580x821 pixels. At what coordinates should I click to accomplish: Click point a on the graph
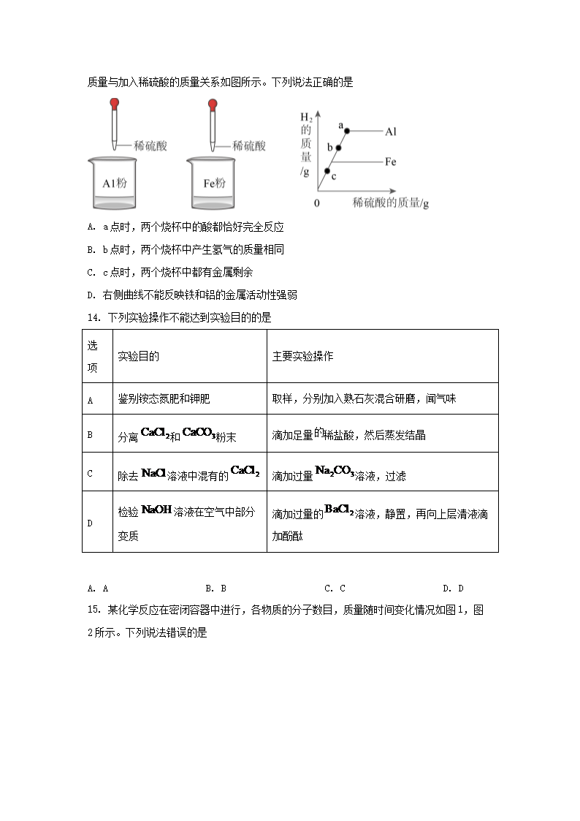(347, 131)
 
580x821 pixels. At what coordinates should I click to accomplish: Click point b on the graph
(337, 148)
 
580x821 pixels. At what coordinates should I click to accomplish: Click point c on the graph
(327, 171)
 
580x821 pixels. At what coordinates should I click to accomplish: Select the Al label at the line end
(391, 131)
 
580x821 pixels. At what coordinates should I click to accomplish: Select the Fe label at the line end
(391, 162)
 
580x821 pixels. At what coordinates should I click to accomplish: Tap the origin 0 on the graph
(317, 202)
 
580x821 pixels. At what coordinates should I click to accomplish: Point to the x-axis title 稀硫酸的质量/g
(390, 203)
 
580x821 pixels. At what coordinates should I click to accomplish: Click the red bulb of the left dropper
(114, 105)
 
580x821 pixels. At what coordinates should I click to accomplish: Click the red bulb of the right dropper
(213, 105)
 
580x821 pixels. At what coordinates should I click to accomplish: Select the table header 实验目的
(139, 356)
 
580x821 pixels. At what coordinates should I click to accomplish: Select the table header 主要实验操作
(302, 356)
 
